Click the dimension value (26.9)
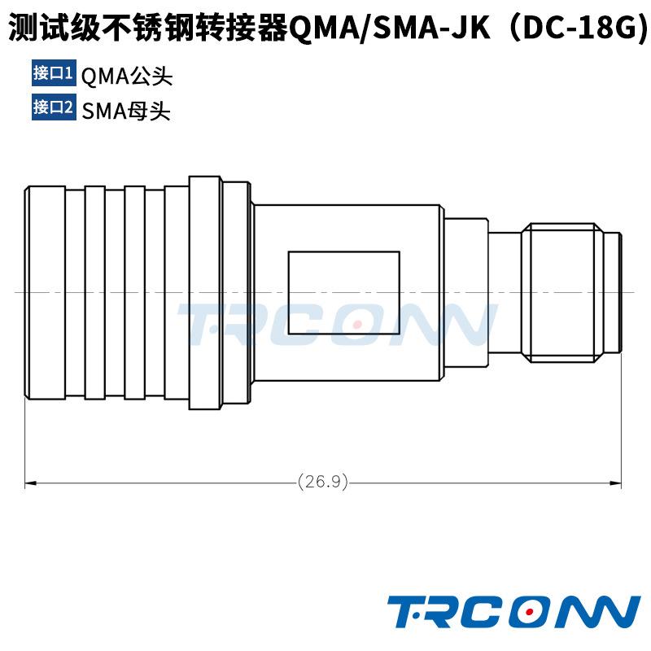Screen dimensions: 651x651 [323, 482]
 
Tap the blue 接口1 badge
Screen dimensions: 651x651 [53, 73]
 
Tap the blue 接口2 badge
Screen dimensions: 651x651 [53, 107]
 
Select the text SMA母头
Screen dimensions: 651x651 [126, 110]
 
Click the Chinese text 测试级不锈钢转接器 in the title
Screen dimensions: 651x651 [147, 29]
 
